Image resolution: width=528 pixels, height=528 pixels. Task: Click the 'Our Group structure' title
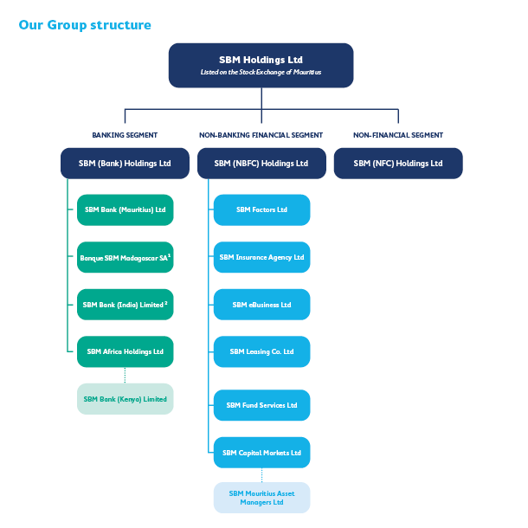pos(85,25)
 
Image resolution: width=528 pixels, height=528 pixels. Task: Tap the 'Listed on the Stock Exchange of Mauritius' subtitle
pos(261,73)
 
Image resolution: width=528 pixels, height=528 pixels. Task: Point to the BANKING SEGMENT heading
pos(125,135)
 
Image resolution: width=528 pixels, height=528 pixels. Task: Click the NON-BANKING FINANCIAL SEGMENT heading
pos(261,135)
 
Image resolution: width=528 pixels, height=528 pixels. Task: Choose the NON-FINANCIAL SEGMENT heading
pos(398,135)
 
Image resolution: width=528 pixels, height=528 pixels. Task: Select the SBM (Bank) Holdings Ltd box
pos(125,164)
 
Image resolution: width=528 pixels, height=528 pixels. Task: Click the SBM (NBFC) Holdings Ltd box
pos(261,164)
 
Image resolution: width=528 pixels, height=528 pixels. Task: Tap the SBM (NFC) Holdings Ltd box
pos(398,164)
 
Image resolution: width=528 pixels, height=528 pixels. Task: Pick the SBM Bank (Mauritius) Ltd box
pos(125,209)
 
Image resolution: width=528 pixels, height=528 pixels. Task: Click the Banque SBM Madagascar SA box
pos(125,257)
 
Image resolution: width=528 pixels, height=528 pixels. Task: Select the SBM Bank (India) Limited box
pos(125,305)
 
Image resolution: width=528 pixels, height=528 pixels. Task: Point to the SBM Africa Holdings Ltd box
pos(125,351)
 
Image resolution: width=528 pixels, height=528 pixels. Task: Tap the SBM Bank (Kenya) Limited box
pos(125,399)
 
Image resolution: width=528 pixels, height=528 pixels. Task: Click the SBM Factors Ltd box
pos(261,209)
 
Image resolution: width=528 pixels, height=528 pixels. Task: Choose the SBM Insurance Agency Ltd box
pos(261,257)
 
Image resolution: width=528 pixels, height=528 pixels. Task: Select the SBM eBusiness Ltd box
pos(261,305)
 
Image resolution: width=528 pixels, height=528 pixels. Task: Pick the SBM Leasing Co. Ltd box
pos(261,351)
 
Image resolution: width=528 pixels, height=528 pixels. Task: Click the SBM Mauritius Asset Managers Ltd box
pos(261,498)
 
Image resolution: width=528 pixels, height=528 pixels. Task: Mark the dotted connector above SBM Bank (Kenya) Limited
pos(125,375)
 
